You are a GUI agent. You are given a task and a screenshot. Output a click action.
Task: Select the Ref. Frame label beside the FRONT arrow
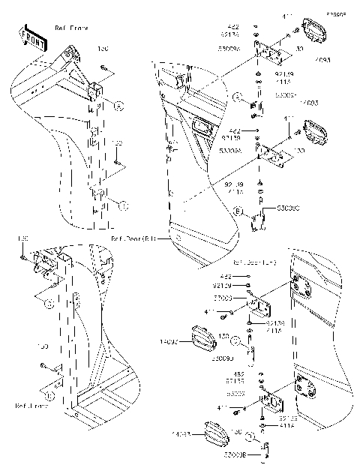coord(72,28)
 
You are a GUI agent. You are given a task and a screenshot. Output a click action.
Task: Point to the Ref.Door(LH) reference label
coord(256,263)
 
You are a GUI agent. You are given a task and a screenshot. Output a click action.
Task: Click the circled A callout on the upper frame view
coord(118,107)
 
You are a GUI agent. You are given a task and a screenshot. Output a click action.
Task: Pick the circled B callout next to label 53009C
coord(238,212)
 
